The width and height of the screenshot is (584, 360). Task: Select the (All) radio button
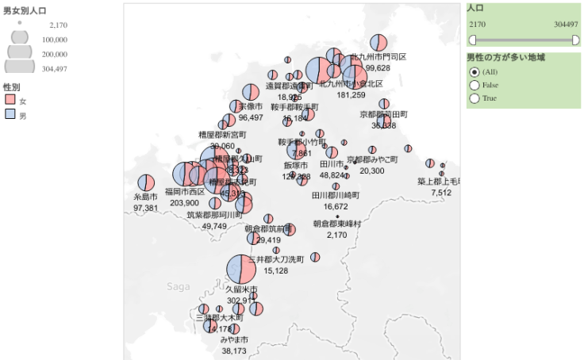[x=474, y=72]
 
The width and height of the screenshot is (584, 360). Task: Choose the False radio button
[x=474, y=85]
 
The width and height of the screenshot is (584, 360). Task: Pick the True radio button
[x=474, y=98]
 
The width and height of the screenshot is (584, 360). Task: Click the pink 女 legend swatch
[x=10, y=100]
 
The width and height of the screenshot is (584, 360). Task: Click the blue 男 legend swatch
[x=10, y=115]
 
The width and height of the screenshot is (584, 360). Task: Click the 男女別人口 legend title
[x=25, y=10]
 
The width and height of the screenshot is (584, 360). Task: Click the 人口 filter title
[x=476, y=8]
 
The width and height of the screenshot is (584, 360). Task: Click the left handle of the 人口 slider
[x=472, y=40]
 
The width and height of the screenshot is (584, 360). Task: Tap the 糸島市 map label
[x=145, y=197]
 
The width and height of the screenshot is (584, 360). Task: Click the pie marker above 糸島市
[x=145, y=182]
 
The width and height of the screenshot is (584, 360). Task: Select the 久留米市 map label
[x=242, y=289]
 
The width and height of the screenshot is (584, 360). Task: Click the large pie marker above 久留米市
[x=241, y=270]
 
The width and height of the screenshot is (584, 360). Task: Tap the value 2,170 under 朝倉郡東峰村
[x=337, y=235]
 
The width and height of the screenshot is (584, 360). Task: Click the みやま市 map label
[x=234, y=339]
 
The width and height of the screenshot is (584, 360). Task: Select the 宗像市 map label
[x=251, y=106]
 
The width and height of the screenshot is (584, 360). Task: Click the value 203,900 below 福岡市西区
[x=183, y=203]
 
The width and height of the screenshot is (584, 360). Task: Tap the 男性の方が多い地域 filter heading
[x=505, y=58]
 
